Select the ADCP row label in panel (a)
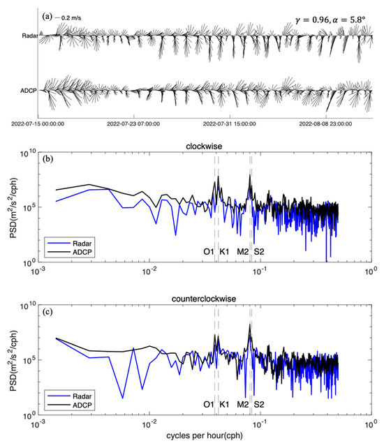(x=25, y=91)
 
